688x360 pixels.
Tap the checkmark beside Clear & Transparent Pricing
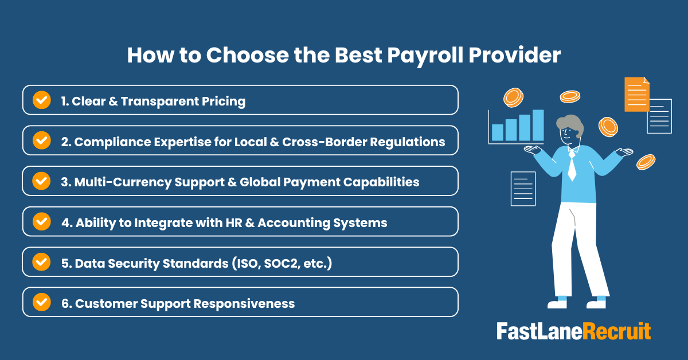41,100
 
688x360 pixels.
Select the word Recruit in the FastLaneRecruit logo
617,331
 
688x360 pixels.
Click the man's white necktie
572,166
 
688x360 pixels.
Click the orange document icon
636,94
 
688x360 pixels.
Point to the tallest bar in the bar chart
537,125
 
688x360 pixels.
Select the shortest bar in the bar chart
497,132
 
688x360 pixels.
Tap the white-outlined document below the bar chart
522,189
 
